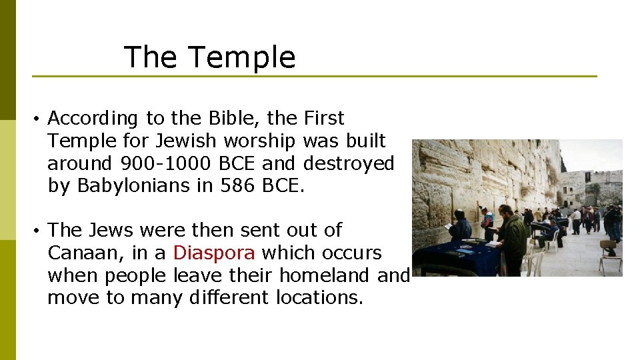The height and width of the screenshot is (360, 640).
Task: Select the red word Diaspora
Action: (213, 253)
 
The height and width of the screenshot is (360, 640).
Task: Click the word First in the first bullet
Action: (324, 118)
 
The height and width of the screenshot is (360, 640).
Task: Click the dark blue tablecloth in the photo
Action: (460, 257)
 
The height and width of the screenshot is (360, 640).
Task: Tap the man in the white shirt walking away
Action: (576, 221)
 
